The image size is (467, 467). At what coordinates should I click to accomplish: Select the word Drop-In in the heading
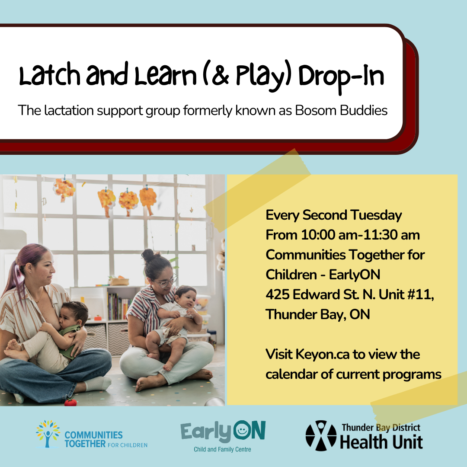(x=341, y=77)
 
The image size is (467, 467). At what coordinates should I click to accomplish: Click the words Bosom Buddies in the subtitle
(x=341, y=111)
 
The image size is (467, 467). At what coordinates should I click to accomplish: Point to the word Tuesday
(x=376, y=215)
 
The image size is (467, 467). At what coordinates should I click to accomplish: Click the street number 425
(x=278, y=294)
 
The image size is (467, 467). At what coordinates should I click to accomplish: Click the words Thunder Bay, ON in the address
(x=318, y=314)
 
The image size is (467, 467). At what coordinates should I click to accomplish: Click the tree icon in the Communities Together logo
(x=48, y=434)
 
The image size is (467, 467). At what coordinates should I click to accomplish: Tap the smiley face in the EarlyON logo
(x=242, y=430)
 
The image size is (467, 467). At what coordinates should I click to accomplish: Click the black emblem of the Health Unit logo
(x=321, y=435)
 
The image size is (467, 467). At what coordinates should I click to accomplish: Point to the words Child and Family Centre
(x=223, y=449)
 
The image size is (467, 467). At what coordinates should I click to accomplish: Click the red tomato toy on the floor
(x=70, y=403)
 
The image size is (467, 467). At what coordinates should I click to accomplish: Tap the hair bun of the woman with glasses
(x=148, y=255)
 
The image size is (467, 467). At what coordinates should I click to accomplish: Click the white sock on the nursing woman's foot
(x=98, y=384)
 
